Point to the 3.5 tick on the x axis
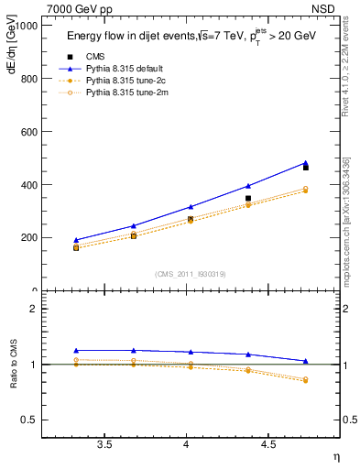[x=105, y=444]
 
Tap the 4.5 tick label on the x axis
[x=267, y=444]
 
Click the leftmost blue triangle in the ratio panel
[x=76, y=350]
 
